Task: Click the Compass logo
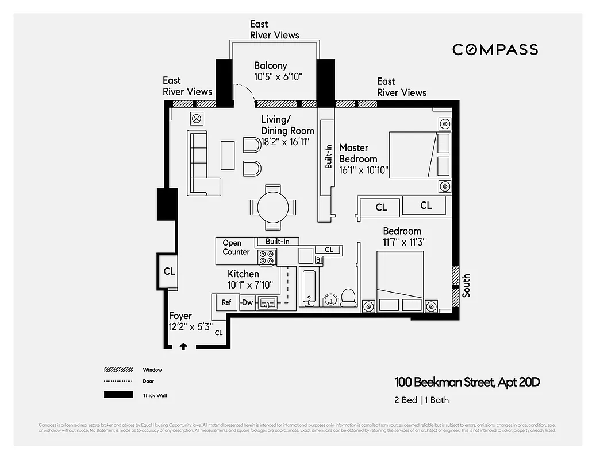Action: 495,49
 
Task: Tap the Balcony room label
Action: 270,65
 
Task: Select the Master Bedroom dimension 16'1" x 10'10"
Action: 364,170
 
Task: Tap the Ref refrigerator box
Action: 226,302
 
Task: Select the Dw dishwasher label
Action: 247,302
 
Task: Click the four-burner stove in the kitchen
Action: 267,257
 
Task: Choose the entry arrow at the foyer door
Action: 183,345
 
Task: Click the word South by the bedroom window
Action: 466,285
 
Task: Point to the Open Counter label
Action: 236,247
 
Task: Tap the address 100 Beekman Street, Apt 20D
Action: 467,382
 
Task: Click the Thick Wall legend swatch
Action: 118,395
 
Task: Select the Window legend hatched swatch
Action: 118,370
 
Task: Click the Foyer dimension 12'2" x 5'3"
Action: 190,326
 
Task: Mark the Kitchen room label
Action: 244,274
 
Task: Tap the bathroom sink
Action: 330,299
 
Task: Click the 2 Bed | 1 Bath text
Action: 422,400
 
